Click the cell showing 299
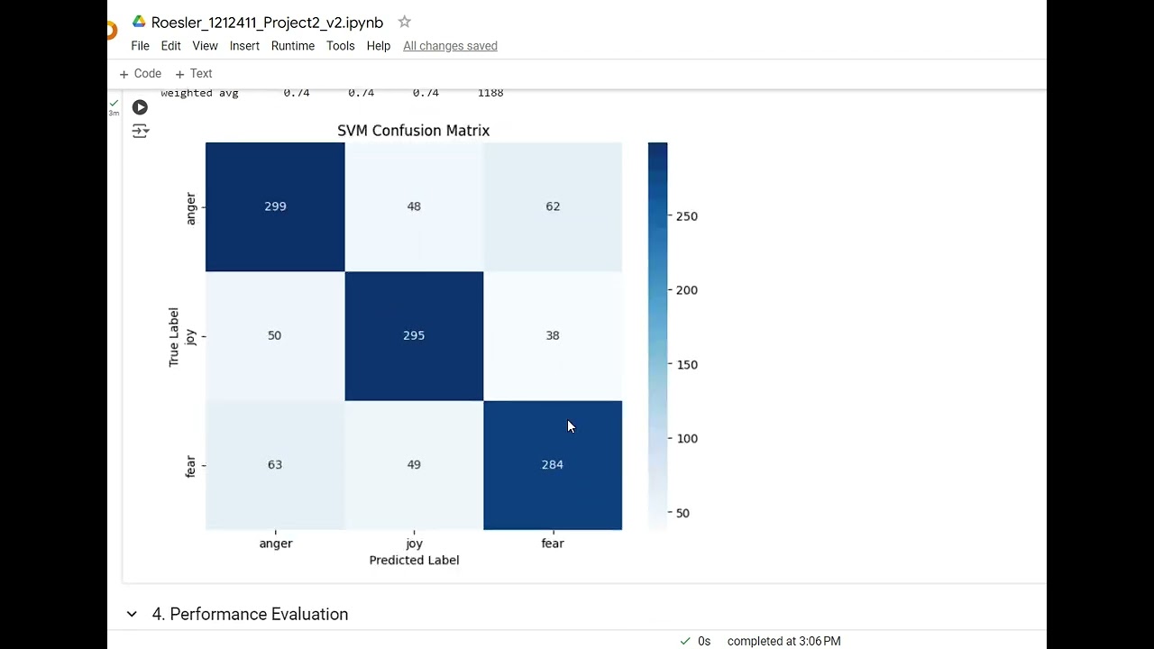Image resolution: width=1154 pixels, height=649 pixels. tap(275, 206)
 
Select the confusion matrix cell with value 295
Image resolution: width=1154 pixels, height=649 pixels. tap(414, 335)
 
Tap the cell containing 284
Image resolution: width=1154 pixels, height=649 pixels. tap(552, 464)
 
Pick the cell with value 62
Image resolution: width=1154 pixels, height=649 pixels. tap(552, 206)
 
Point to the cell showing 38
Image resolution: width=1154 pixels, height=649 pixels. tap(552, 335)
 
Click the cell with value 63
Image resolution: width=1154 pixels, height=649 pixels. tap(275, 464)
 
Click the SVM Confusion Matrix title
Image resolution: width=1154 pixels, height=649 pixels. tap(413, 131)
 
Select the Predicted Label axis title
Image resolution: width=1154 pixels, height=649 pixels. tap(414, 560)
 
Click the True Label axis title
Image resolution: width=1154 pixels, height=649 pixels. tap(174, 336)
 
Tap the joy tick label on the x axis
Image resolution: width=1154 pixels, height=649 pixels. tap(414, 544)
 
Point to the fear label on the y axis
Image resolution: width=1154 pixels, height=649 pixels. tap(190, 466)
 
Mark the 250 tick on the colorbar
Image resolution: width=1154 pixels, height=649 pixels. tap(686, 216)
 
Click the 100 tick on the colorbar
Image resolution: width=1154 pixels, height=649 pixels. tap(686, 438)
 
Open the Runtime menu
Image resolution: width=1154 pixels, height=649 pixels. tap(292, 46)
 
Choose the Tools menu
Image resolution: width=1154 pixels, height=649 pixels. tap(340, 46)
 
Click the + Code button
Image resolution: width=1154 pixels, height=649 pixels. tap(141, 74)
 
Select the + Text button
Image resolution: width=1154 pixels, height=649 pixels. tap(194, 74)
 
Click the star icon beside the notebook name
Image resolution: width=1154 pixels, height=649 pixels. tap(404, 22)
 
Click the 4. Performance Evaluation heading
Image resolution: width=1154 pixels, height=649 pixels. tap(250, 614)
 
